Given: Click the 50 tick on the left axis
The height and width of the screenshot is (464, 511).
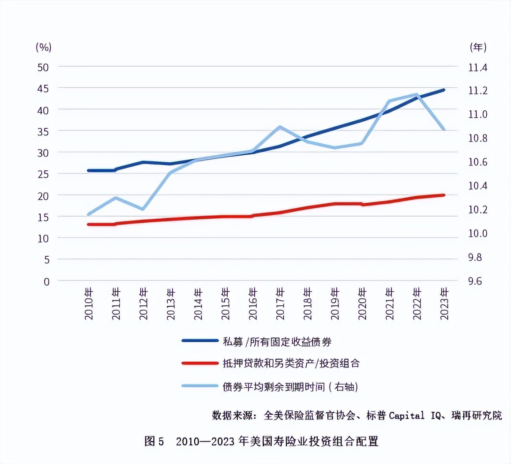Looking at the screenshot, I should point(43,67).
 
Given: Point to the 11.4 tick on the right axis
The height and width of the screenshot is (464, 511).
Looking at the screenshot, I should point(477,67).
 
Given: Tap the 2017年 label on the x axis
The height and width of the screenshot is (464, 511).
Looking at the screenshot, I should point(280,304).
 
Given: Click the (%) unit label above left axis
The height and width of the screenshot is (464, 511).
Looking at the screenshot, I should point(43,47).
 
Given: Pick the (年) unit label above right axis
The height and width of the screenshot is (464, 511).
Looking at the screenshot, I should point(478,47).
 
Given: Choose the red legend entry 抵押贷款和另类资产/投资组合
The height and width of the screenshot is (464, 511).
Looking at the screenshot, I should point(291,363).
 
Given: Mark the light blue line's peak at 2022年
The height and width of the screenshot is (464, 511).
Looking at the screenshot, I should point(417,94).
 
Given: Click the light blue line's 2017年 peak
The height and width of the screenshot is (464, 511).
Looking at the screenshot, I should point(280,127).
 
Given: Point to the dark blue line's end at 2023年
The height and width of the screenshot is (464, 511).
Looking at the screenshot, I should point(443,90).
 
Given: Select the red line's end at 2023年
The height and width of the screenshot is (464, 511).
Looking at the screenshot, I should point(443,195).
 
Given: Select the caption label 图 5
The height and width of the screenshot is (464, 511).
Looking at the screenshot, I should point(154,441).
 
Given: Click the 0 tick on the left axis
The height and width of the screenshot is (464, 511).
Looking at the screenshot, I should point(46,281).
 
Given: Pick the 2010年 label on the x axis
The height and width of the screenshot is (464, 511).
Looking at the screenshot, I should point(89,304).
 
